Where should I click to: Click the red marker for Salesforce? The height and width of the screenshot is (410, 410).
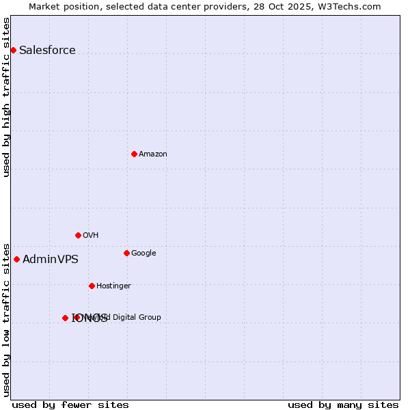click(x=13, y=50)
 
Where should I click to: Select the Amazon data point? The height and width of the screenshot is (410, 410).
click(x=134, y=154)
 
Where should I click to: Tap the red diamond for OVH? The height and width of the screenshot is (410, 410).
click(x=78, y=235)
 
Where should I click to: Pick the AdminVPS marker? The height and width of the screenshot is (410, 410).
click(x=16, y=259)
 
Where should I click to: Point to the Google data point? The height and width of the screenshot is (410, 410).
click(x=126, y=253)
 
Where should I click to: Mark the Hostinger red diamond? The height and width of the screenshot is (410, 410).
click(x=92, y=286)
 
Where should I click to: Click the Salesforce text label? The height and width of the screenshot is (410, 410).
click(x=47, y=50)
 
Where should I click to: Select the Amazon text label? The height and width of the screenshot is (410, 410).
click(x=153, y=154)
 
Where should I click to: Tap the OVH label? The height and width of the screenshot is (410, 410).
click(x=91, y=235)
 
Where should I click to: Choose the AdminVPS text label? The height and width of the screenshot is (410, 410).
click(x=51, y=259)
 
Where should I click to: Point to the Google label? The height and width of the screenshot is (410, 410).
click(x=143, y=253)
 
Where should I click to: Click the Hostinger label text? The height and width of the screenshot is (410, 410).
click(x=113, y=286)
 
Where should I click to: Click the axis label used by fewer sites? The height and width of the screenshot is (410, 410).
click(x=70, y=405)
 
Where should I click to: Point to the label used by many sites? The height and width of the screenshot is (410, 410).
click(x=343, y=405)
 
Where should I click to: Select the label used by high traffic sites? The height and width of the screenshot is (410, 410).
click(x=6, y=97)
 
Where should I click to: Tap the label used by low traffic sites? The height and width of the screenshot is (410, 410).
click(x=6, y=319)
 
